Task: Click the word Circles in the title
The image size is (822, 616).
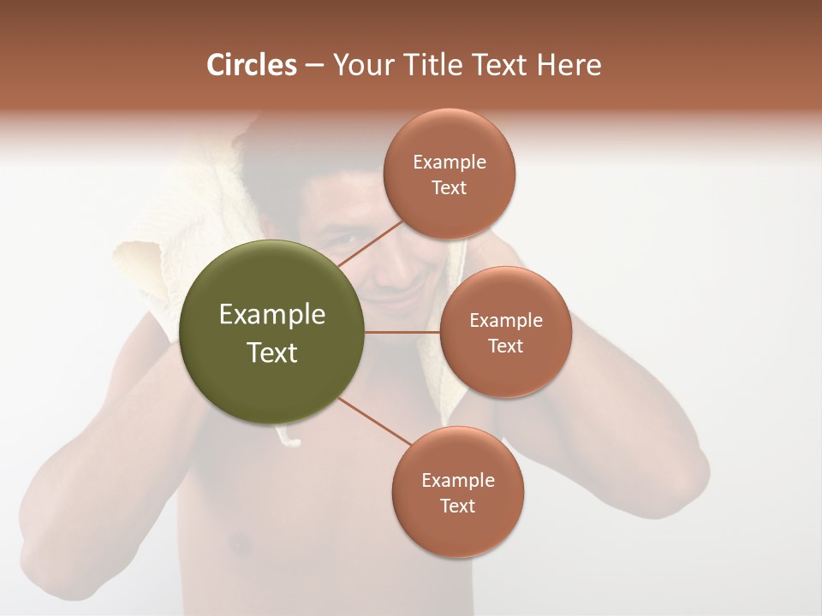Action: pos(252,65)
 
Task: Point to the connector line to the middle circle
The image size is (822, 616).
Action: pos(402,332)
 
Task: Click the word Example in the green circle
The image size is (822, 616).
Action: pos(272,314)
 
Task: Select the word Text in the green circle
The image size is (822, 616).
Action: pos(272,352)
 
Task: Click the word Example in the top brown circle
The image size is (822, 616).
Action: pos(450,162)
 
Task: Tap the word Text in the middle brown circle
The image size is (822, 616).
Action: pos(505,346)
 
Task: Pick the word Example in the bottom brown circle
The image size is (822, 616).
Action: pos(458,480)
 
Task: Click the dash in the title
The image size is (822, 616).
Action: pos(314,66)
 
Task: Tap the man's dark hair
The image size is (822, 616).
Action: pos(283,158)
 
